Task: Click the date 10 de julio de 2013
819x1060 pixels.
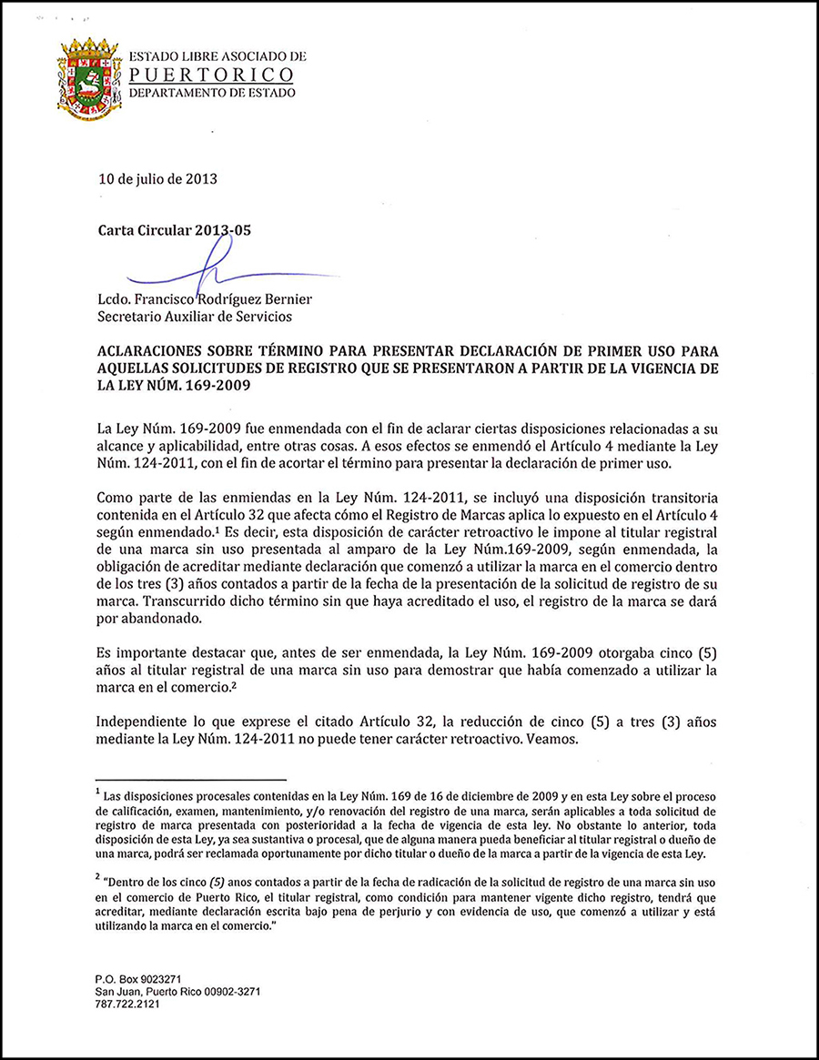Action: [x=157, y=178]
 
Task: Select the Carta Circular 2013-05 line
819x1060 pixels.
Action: [x=174, y=230]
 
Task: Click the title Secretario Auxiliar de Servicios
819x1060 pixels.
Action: [x=195, y=317]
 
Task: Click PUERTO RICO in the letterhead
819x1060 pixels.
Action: [x=211, y=75]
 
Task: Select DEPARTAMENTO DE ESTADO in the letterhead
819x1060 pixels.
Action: [x=211, y=92]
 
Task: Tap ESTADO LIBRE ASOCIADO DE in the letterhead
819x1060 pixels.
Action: [x=217, y=57]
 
